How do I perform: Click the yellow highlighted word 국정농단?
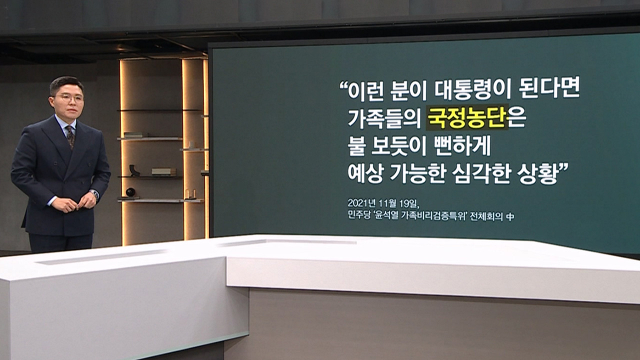(467, 117)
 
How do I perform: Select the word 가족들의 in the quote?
(384, 118)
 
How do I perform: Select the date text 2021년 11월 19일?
(383, 203)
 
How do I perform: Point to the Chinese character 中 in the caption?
(510, 216)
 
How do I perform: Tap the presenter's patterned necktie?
(70, 137)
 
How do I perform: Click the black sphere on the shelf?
(130, 192)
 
